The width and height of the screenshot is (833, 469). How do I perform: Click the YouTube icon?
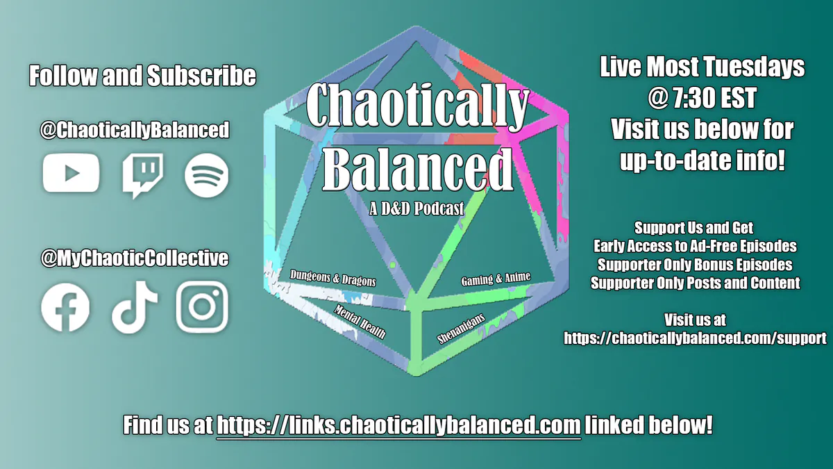[71, 173]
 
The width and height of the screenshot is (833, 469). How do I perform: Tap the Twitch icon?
[142, 174]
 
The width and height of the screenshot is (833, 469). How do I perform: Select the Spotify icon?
[206, 174]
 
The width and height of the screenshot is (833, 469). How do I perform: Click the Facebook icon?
[65, 307]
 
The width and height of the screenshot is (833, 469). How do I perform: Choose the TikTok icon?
[135, 308]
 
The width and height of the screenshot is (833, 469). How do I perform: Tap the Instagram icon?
[202, 307]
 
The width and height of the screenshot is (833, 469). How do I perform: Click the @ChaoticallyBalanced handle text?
[135, 130]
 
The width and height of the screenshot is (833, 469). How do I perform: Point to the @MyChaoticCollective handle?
[135, 258]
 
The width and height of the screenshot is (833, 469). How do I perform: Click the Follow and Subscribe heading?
[142, 76]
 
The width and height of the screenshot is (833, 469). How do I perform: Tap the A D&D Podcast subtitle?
[417, 208]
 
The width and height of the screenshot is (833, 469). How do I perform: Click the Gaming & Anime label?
[496, 279]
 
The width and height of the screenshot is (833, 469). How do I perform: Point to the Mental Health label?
[360, 320]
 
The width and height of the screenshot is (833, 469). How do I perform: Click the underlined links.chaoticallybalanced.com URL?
[398, 425]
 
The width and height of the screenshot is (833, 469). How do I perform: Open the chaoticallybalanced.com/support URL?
[695, 338]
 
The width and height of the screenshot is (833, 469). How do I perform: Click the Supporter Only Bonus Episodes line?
[695, 265]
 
